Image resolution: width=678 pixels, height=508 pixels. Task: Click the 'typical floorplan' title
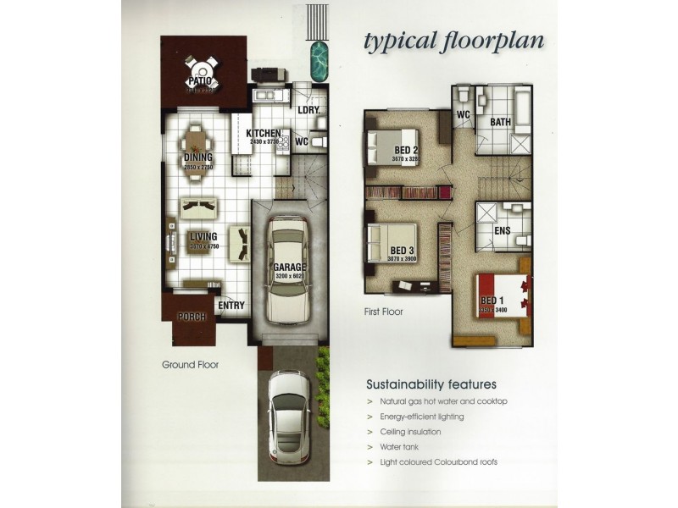click(x=453, y=40)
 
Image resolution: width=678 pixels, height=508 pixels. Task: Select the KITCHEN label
click(x=263, y=134)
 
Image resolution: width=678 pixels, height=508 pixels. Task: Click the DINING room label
click(x=197, y=157)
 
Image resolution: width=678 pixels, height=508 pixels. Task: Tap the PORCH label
click(x=192, y=317)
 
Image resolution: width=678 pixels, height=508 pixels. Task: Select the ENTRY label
click(x=231, y=306)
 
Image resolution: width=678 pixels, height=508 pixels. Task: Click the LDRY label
click(x=307, y=109)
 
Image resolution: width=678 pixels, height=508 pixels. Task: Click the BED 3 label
click(x=402, y=250)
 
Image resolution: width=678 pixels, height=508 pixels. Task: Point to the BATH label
click(x=500, y=122)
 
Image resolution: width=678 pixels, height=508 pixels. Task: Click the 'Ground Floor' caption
click(x=191, y=366)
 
